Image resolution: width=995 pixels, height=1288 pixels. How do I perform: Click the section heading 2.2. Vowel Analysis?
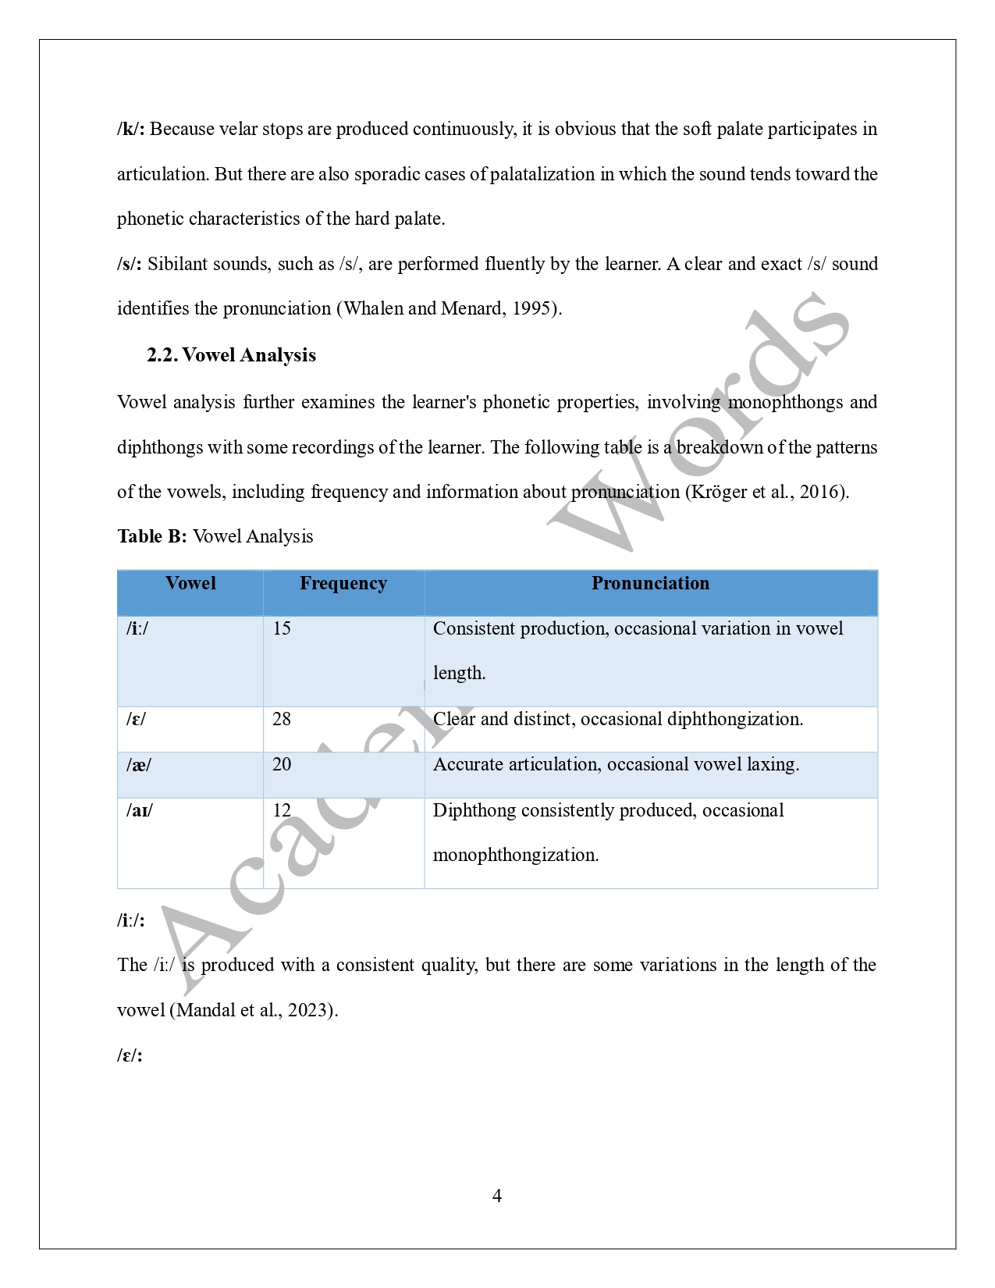(231, 355)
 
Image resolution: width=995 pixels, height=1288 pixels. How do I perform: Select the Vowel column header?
(190, 583)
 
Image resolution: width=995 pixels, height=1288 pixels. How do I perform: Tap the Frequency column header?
(343, 583)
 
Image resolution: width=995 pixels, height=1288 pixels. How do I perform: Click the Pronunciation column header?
(650, 583)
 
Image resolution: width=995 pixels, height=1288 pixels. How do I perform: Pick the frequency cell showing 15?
(282, 628)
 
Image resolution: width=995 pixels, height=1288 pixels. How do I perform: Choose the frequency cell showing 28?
(282, 719)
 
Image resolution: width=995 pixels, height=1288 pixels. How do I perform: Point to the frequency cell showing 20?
(282, 764)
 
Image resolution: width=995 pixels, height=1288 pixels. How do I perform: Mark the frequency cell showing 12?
(282, 810)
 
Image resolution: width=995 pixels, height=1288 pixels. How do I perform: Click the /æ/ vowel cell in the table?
(139, 764)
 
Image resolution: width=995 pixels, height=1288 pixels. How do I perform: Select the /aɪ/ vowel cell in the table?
(140, 810)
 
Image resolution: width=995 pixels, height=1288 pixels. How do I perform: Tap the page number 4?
(497, 1195)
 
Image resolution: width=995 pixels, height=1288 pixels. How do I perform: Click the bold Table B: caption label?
(152, 536)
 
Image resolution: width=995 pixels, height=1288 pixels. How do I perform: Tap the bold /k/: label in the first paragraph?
(130, 129)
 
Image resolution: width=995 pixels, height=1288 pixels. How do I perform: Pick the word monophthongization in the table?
(515, 855)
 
